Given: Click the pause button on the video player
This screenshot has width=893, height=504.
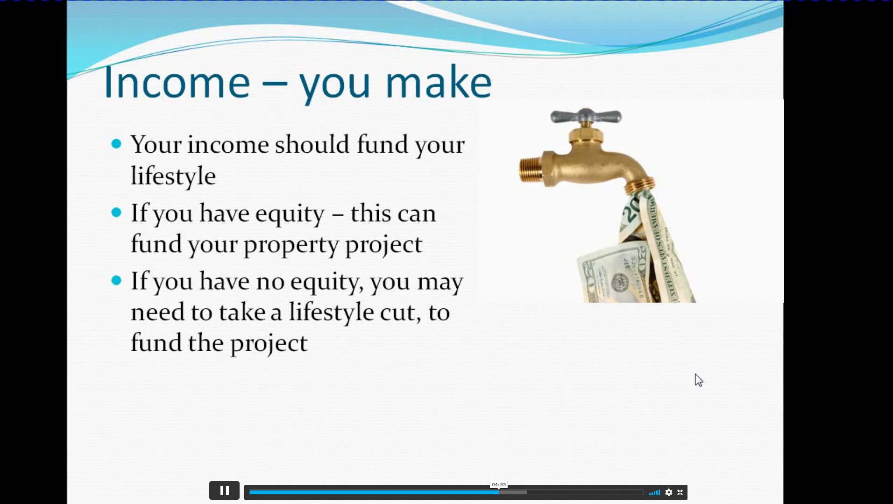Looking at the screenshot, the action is click(x=224, y=490).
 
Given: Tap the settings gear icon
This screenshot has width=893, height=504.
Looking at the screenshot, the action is click(x=669, y=492).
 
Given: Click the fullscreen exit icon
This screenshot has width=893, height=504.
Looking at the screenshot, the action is click(x=680, y=492).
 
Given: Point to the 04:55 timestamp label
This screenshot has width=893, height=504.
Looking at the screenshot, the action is click(x=499, y=485).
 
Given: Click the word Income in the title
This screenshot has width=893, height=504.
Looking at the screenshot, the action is click(x=177, y=82).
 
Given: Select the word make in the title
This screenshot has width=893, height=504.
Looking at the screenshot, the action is click(x=438, y=82).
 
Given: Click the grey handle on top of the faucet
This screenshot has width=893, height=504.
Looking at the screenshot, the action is click(x=586, y=116).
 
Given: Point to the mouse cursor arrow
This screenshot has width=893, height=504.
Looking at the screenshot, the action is click(x=699, y=380).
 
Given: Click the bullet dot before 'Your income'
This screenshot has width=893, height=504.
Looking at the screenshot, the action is click(x=116, y=144).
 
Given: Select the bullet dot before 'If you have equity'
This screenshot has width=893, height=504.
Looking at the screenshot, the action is click(x=116, y=213).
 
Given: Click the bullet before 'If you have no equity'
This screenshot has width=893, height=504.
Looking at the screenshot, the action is click(x=116, y=280).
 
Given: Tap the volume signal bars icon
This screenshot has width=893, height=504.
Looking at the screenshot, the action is click(x=654, y=492).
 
